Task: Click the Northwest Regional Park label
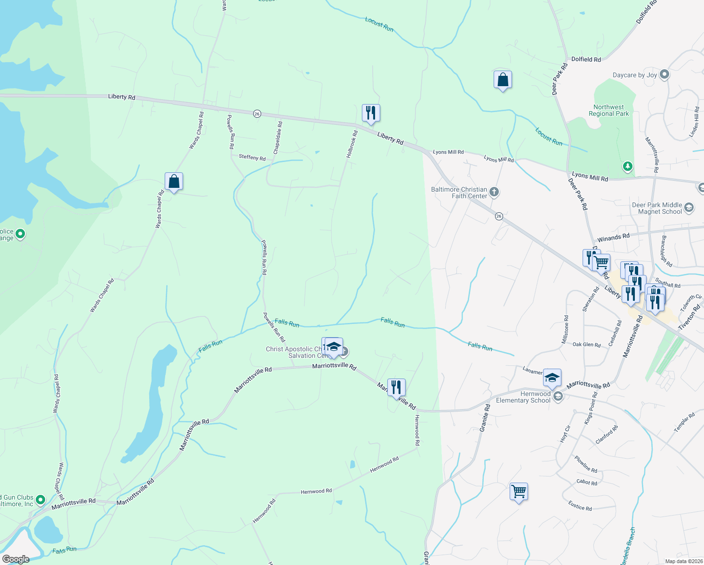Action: click(608, 110)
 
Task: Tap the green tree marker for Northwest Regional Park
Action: click(627, 166)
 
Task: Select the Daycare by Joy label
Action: click(634, 75)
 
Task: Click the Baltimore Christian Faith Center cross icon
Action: click(494, 192)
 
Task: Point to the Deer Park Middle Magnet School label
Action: click(656, 208)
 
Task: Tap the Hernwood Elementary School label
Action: click(523, 397)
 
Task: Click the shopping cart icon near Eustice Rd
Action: click(519, 492)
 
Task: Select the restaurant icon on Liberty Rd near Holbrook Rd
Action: click(371, 113)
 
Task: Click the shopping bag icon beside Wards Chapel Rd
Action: click(174, 181)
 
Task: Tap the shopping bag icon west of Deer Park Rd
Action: click(503, 80)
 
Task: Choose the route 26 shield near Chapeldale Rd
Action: click(257, 114)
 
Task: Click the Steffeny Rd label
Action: click(252, 157)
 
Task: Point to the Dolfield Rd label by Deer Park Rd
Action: click(585, 59)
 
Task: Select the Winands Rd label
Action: click(613, 237)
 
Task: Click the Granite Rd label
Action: click(485, 417)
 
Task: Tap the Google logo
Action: click(16, 559)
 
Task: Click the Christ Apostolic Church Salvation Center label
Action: click(294, 352)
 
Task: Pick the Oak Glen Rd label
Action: click(586, 345)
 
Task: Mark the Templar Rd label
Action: click(684, 422)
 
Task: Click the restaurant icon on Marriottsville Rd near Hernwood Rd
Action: click(396, 387)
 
